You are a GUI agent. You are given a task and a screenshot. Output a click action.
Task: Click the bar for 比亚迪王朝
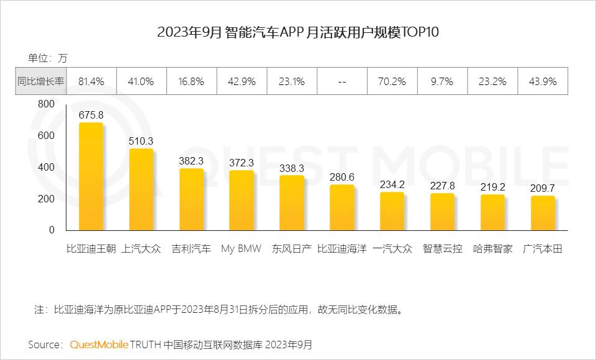[x=91, y=177]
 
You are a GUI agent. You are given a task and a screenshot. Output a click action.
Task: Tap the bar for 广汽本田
[x=543, y=214]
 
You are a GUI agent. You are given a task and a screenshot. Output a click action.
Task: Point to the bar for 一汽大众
[x=392, y=212]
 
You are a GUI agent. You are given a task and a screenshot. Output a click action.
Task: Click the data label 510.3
[x=141, y=141]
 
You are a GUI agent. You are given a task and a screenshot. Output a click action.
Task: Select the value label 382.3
[x=191, y=161]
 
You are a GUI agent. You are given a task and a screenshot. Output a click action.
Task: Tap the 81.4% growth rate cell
[x=91, y=81]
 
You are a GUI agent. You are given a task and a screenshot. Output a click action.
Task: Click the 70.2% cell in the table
[x=392, y=81]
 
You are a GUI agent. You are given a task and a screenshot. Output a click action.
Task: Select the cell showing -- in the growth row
[x=341, y=81]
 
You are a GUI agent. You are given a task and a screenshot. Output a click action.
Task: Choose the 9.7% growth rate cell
[x=442, y=81]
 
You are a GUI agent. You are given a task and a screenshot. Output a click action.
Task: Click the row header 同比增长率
[x=40, y=81]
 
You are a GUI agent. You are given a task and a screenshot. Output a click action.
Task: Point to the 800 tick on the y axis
[x=46, y=104]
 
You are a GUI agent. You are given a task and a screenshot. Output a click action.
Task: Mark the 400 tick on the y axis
[x=46, y=168]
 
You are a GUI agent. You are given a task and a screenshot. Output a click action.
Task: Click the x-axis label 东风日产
[x=291, y=249]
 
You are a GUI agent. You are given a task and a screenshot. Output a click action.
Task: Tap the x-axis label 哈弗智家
[x=492, y=249]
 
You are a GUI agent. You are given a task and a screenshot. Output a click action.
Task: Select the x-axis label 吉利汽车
[x=191, y=249]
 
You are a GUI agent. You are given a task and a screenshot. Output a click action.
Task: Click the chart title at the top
[x=298, y=33]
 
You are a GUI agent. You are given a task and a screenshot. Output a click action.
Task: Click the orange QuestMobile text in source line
[x=99, y=344]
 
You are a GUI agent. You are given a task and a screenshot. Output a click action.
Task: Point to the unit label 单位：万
[x=47, y=58]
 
